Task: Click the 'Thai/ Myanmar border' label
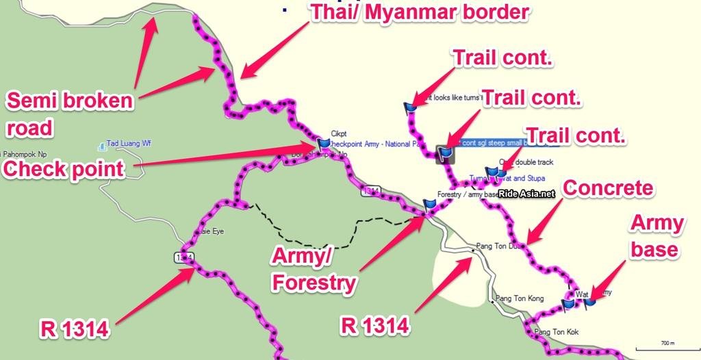420,13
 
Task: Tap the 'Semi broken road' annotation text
69,114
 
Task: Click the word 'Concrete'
607,188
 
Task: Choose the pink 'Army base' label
657,235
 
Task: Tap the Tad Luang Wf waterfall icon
102,145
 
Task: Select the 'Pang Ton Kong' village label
520,298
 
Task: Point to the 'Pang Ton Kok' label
556,333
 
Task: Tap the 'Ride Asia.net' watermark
526,194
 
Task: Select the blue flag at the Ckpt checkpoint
323,144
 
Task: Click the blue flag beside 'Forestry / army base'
429,203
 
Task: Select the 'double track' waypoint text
534,162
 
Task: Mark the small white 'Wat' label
582,295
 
